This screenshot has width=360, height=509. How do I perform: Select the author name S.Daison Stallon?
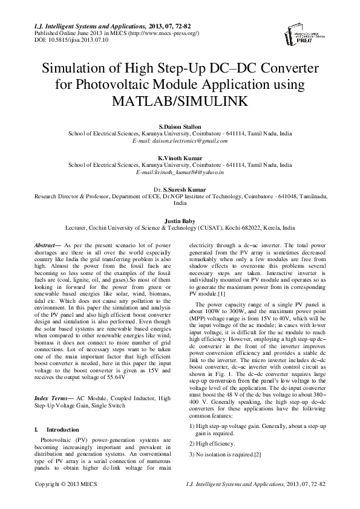tap(180, 126)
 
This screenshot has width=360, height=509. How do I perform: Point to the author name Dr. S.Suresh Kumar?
tap(180, 190)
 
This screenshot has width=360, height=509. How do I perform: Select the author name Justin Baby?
tap(180, 221)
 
